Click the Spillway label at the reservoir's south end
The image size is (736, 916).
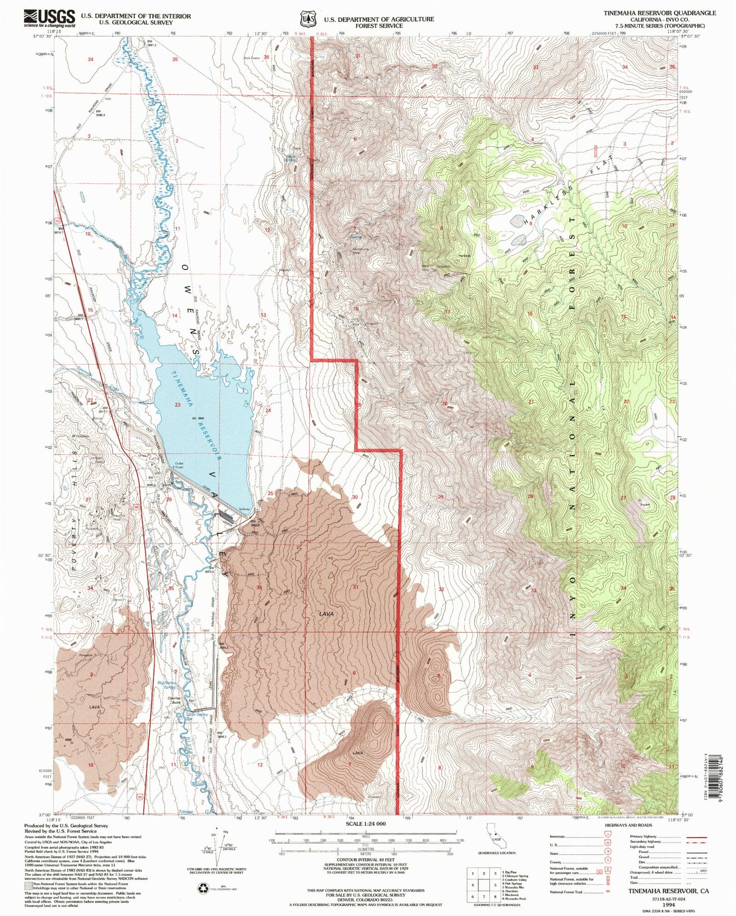tap(245, 509)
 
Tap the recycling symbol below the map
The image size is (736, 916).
tap(203, 889)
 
